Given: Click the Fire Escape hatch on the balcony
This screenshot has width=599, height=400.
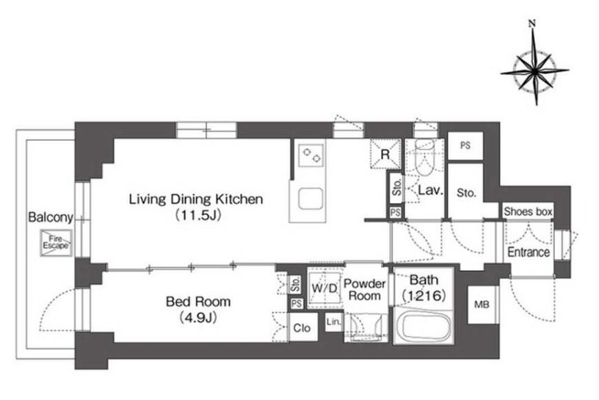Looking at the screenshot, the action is (x=56, y=243).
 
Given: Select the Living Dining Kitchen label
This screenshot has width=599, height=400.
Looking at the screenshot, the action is (x=196, y=199).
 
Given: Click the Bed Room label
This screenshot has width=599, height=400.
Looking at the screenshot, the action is (x=198, y=302).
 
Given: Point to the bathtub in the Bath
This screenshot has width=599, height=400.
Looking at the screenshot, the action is (x=424, y=327).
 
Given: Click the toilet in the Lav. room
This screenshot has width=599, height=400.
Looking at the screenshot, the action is (x=424, y=158).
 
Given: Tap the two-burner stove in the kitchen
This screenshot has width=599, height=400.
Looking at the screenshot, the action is (x=311, y=156).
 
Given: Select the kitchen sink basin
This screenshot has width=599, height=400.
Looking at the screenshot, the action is (x=311, y=199).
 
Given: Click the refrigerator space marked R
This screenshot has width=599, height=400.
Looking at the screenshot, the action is (x=385, y=154).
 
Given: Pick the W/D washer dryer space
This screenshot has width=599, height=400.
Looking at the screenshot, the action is (x=324, y=288).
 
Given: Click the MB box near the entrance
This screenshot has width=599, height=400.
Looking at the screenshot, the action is (x=482, y=305).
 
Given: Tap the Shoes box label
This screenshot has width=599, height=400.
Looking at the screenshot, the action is (x=528, y=211).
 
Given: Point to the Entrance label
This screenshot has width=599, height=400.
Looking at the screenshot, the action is (x=529, y=252).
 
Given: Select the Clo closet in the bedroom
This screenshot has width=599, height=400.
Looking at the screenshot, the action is (x=302, y=328).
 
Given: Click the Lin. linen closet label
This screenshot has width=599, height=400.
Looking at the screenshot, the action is (x=333, y=322).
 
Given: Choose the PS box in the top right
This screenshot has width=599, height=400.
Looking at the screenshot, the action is (x=465, y=145).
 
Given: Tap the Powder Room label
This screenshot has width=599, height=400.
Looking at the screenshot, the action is (x=364, y=290).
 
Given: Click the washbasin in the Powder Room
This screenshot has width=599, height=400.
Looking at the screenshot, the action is (x=366, y=327).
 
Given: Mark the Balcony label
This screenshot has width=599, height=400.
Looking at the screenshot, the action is (x=51, y=217).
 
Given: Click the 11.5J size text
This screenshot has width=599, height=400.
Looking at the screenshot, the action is (x=198, y=216).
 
